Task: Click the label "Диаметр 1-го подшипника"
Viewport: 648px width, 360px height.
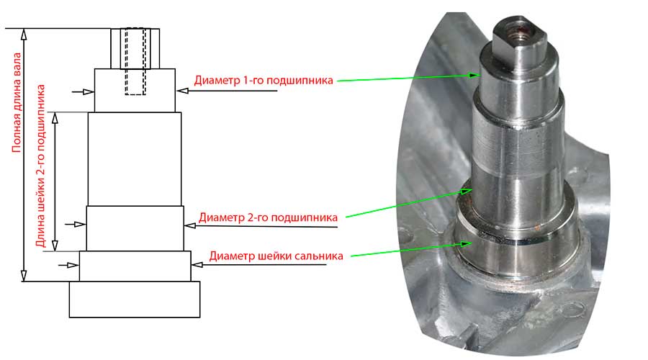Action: (x=264, y=80)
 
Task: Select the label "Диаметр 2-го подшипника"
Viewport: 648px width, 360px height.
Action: (x=269, y=217)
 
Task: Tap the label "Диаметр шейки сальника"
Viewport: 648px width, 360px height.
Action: (x=276, y=256)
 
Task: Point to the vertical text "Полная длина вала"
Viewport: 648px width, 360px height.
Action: (x=17, y=102)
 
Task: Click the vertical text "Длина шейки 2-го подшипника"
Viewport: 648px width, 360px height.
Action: (x=40, y=166)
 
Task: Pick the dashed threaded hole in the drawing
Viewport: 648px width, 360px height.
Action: (x=135, y=62)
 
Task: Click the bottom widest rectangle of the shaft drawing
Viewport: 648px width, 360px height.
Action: (x=135, y=300)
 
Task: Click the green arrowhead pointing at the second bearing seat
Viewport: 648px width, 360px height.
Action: (x=467, y=192)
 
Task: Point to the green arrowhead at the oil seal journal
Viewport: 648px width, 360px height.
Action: (x=467, y=243)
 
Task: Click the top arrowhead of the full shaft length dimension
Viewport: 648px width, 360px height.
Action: (x=24, y=34)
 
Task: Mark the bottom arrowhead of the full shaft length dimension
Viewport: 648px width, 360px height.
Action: (x=24, y=276)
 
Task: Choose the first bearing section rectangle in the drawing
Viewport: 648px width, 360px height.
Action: (x=135, y=90)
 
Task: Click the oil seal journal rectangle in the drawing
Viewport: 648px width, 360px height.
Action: (x=135, y=266)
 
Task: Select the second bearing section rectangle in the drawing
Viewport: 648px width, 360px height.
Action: (x=135, y=228)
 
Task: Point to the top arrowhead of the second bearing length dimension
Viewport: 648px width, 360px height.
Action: (x=55, y=118)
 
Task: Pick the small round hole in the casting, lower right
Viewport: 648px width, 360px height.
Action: (x=573, y=309)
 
